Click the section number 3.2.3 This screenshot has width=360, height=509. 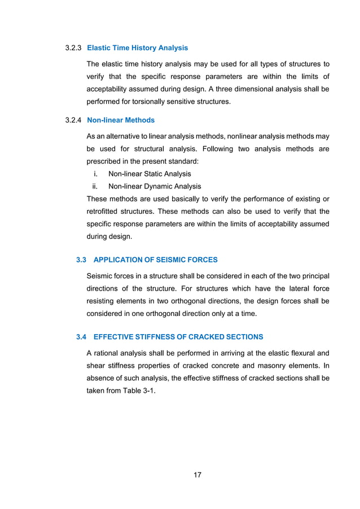[74, 48]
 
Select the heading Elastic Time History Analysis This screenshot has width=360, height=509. [138, 48]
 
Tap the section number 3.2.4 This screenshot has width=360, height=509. [74, 120]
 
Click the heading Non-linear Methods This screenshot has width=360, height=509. [121, 120]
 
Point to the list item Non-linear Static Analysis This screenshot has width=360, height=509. [150, 174]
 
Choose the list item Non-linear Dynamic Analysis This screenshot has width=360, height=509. [154, 186]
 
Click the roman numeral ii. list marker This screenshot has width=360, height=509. [96, 186]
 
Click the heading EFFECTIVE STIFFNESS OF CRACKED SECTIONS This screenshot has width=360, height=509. [178, 337]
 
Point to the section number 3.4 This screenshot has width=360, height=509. [81, 337]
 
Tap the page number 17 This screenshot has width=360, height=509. [197, 475]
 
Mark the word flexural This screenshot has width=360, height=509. [294, 353]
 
